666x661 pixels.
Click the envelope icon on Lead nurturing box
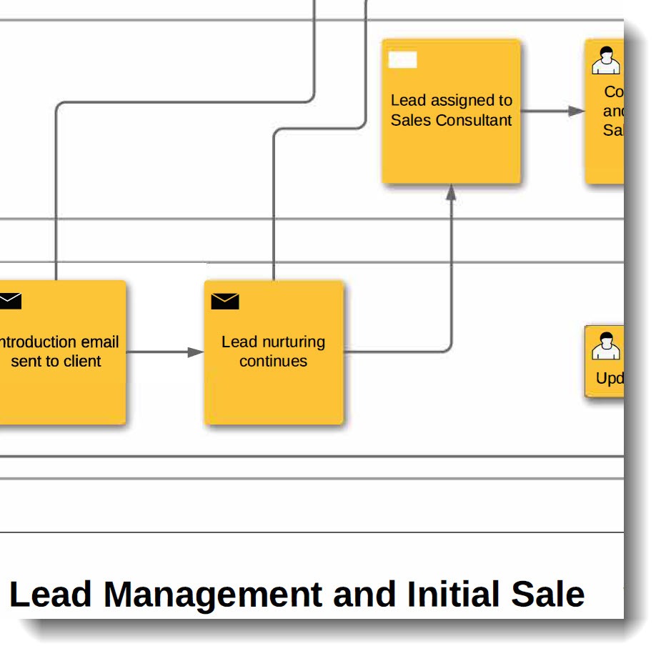pyautogui.click(x=224, y=302)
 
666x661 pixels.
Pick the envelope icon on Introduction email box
pyautogui.click(x=9, y=301)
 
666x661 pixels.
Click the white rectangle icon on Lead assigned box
pyautogui.click(x=402, y=60)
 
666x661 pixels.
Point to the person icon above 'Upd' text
pyautogui.click(x=606, y=346)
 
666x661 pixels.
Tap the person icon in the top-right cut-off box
pyautogui.click(x=606, y=61)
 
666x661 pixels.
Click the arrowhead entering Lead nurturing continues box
pyautogui.click(x=196, y=352)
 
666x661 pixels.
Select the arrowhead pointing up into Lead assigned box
pyautogui.click(x=451, y=192)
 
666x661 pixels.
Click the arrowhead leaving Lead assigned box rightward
pyautogui.click(x=576, y=111)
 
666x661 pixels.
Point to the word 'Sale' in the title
pyautogui.click(x=551, y=595)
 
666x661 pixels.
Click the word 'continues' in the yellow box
pyautogui.click(x=274, y=362)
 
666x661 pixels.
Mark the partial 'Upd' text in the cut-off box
pyautogui.click(x=610, y=379)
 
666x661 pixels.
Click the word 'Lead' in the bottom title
pyautogui.click(x=51, y=595)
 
